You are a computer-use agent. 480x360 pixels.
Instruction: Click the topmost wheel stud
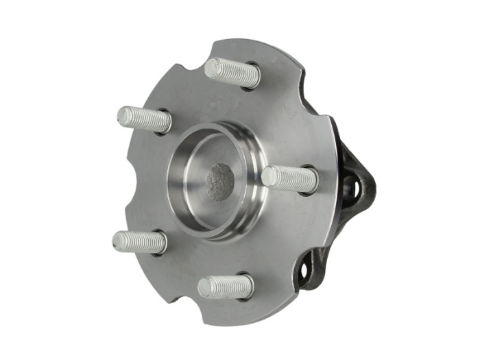(x=232, y=72)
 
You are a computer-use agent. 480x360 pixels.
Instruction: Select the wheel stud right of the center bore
(x=289, y=178)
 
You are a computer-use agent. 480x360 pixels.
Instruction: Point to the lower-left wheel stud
(x=139, y=241)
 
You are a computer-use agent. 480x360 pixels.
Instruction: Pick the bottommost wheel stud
(x=226, y=286)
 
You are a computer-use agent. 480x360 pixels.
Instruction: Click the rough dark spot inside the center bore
(x=219, y=182)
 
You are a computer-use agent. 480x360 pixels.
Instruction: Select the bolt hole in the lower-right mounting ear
(x=304, y=271)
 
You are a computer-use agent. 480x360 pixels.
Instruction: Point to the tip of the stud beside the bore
(x=268, y=176)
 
